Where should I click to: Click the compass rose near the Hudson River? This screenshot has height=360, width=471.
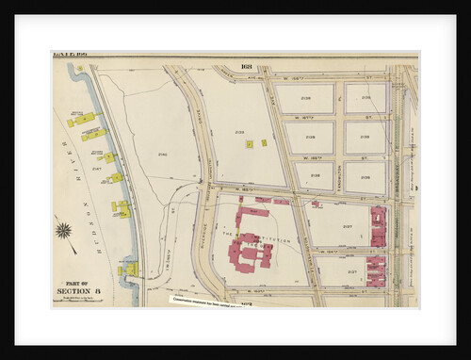[63, 230]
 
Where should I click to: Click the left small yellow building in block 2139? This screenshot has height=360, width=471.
[248, 144]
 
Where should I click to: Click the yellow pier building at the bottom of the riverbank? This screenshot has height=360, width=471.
[128, 270]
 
